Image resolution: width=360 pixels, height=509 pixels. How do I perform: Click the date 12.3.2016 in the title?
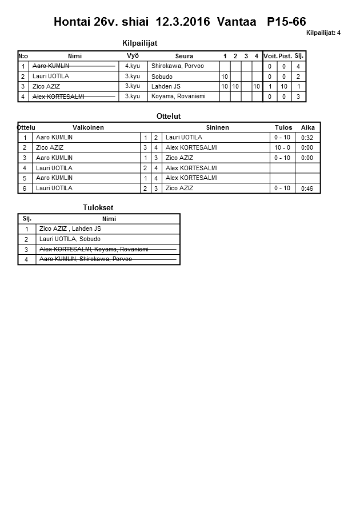tap(181, 22)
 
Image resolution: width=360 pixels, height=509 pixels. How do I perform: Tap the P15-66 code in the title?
tap(286, 22)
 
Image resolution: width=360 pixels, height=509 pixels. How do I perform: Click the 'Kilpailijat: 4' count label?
tap(323, 33)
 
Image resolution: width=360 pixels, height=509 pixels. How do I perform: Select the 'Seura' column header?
tap(184, 56)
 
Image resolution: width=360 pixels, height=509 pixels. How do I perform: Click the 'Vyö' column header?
tap(133, 55)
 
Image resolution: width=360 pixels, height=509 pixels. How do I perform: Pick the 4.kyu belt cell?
tap(133, 66)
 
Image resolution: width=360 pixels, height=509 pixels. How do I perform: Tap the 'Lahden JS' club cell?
tap(166, 86)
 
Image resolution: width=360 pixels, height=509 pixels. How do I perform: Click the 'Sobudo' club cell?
tap(162, 77)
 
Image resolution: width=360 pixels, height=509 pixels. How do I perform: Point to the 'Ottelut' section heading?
tap(169, 117)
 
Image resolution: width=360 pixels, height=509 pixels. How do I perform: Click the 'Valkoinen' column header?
tap(88, 127)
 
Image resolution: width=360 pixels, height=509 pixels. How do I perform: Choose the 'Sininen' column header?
tap(217, 127)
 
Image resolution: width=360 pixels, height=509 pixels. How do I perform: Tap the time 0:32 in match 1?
tap(307, 138)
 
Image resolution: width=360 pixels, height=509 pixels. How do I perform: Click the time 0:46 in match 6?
tap(307, 188)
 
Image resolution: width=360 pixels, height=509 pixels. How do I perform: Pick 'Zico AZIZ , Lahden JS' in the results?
tap(70, 229)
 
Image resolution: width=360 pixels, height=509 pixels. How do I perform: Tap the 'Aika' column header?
tap(307, 127)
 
